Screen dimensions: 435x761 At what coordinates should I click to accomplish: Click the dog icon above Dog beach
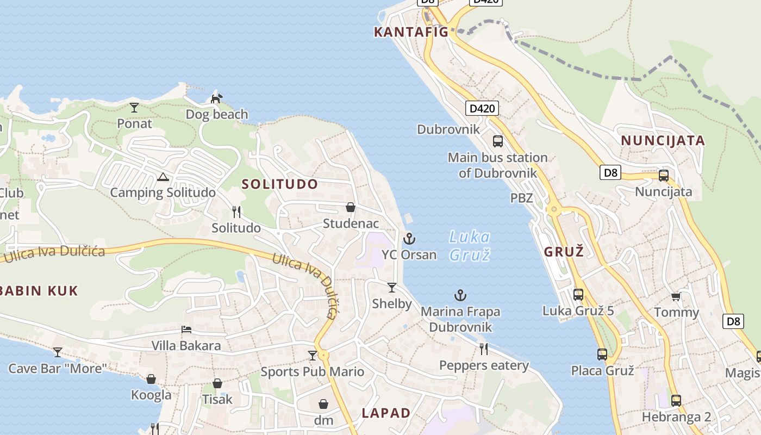pyautogui.click(x=217, y=98)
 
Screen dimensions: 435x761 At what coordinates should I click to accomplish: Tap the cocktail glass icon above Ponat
pyautogui.click(x=134, y=108)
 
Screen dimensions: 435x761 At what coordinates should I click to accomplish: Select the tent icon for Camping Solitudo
pyautogui.click(x=163, y=177)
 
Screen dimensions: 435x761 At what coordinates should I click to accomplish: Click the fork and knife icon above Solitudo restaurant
pyautogui.click(x=236, y=212)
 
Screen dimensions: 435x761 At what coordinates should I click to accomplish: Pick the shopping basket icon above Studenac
pyautogui.click(x=351, y=207)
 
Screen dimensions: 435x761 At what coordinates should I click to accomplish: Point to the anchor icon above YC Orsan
pyautogui.click(x=409, y=239)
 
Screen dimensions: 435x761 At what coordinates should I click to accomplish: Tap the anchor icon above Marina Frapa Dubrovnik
pyautogui.click(x=460, y=295)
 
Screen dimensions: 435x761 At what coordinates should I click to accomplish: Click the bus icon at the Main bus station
pyautogui.click(x=497, y=141)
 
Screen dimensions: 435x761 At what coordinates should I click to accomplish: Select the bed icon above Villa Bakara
pyautogui.click(x=186, y=330)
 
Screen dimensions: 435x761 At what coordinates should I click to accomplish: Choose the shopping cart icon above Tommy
pyautogui.click(x=676, y=296)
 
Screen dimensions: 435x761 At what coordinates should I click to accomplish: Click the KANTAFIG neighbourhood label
pyautogui.click(x=411, y=32)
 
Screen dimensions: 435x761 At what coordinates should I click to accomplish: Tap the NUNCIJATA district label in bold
pyautogui.click(x=663, y=140)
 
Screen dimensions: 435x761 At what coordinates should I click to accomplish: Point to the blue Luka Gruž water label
pyautogui.click(x=470, y=245)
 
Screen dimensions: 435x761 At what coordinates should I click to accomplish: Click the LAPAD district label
pyautogui.click(x=386, y=413)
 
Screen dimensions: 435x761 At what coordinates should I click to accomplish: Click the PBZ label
pyautogui.click(x=521, y=198)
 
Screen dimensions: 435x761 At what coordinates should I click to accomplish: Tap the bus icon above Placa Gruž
pyautogui.click(x=602, y=355)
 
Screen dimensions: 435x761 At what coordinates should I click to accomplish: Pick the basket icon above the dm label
pyautogui.click(x=323, y=404)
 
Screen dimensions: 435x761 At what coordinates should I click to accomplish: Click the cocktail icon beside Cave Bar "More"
pyautogui.click(x=58, y=352)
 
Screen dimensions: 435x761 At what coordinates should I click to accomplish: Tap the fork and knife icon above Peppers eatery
pyautogui.click(x=483, y=349)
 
